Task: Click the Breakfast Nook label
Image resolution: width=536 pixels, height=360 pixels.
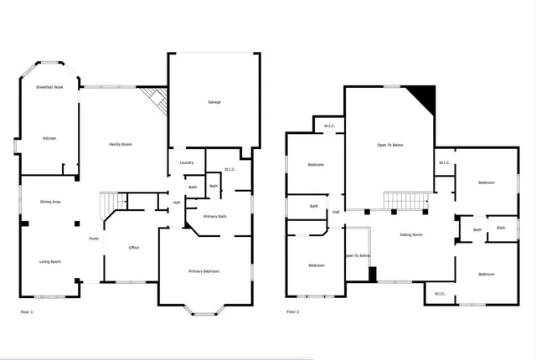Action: pos(49,87)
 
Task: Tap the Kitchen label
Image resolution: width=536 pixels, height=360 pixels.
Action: pos(49,138)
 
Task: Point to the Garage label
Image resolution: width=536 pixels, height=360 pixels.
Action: pos(214,102)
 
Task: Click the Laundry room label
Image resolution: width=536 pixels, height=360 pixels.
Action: pos(187,162)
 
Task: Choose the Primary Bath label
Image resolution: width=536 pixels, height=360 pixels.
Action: pos(216,217)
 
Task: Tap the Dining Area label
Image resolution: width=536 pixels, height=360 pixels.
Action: pos(50,202)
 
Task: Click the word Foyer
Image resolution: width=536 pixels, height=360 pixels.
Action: pos(95,239)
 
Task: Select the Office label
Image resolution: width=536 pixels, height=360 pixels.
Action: pos(133,248)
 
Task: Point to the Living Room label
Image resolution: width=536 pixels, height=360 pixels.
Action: pos(50,262)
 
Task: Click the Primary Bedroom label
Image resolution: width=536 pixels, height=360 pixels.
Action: pos(204,271)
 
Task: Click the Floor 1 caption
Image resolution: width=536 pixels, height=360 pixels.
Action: pos(27,311)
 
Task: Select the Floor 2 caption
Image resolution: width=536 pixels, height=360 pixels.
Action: pos(292,311)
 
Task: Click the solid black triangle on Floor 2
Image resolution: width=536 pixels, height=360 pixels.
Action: pos(426,99)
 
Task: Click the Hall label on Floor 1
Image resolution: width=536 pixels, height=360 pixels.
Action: pos(177,202)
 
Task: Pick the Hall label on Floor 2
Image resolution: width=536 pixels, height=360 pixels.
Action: pos(336,212)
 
